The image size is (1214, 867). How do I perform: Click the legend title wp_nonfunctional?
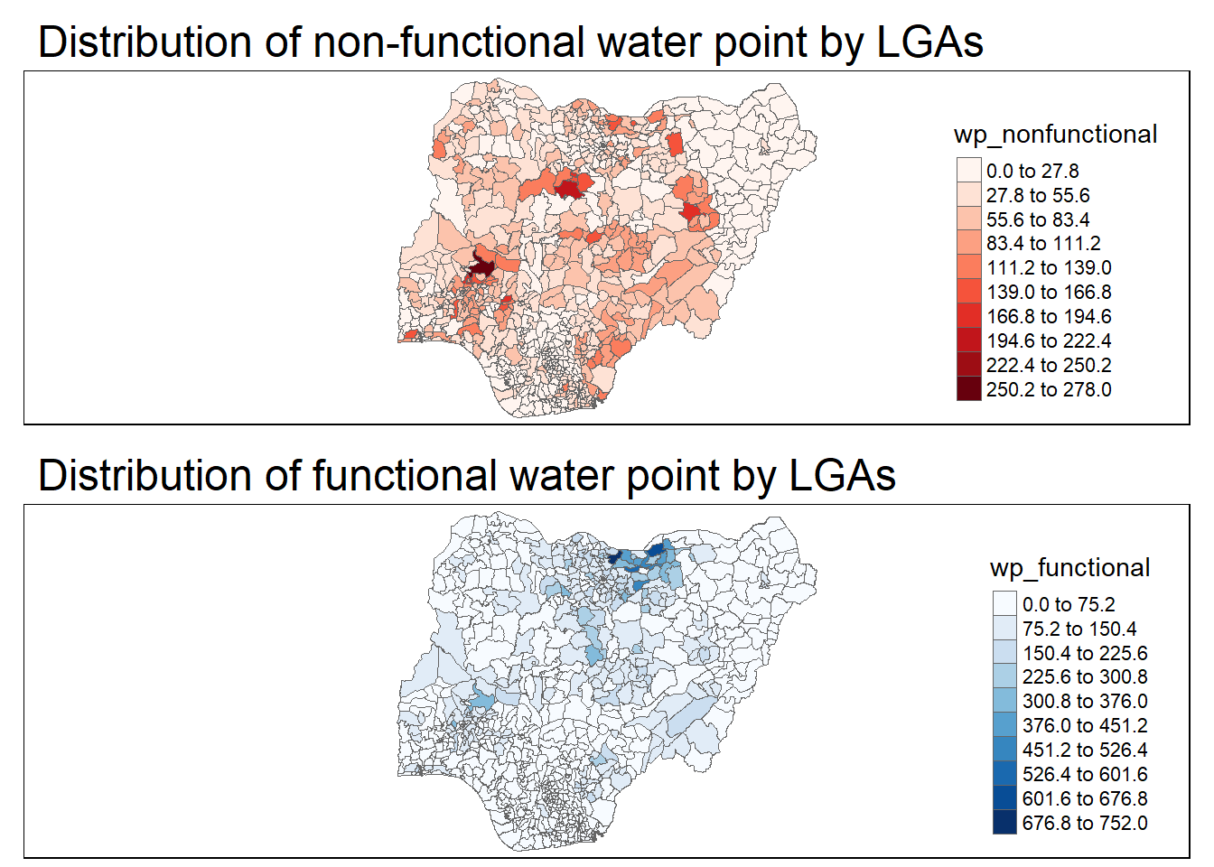[x=1055, y=135]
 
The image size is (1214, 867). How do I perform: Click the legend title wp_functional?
[x=1069, y=568]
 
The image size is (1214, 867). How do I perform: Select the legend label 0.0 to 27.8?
[x=1032, y=171]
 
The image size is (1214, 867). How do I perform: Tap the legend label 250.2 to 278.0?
[x=1049, y=389]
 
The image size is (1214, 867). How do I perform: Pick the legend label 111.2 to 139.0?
[x=1049, y=267]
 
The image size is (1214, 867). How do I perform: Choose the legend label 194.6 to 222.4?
[x=1049, y=340]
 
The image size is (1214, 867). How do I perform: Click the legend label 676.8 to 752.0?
[x=1085, y=823]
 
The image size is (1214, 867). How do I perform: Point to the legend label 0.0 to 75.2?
[x=1069, y=604]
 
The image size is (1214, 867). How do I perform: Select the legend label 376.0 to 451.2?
[x=1085, y=725]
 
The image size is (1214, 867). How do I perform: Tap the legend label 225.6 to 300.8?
[x=1085, y=676]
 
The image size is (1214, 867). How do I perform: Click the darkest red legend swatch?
[x=969, y=389]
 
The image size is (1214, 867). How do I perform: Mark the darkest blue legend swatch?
[x=1005, y=823]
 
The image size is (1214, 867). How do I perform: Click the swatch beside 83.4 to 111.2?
[x=969, y=243]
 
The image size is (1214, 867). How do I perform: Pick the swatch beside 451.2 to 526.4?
[x=1005, y=750]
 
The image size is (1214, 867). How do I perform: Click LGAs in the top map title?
[x=929, y=42]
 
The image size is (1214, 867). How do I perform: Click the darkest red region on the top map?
[x=481, y=268]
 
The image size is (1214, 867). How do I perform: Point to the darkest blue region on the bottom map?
[x=620, y=556]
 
